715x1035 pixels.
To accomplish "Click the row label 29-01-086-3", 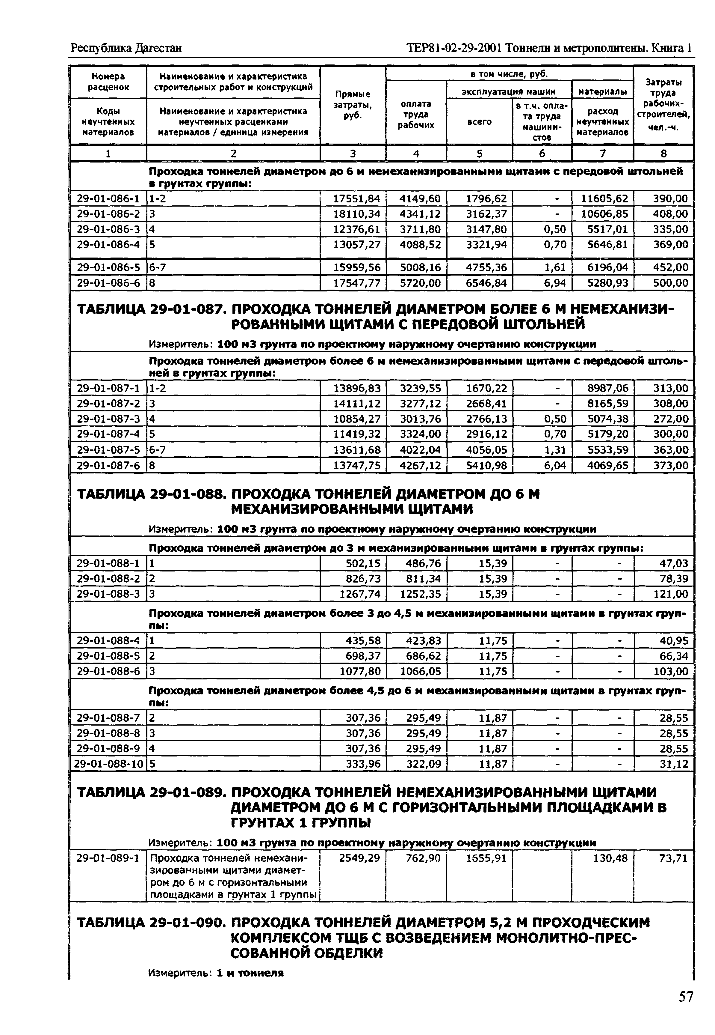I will point(108,230).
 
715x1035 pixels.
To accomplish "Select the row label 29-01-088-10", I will point(108,764).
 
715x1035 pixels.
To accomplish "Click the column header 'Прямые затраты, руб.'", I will point(353,105).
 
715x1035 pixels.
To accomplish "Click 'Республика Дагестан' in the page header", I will point(126,48).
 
